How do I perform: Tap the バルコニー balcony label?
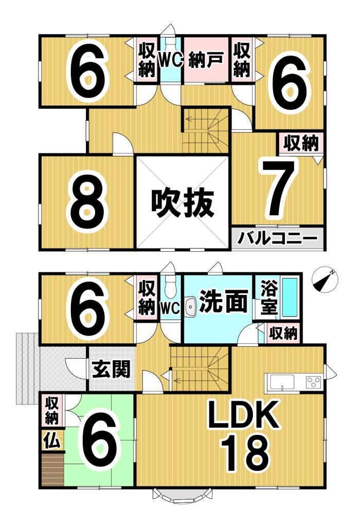click(278, 239)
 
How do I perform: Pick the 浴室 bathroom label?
click(269, 298)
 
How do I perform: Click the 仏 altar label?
click(50, 440)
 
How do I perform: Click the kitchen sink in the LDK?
click(281, 382)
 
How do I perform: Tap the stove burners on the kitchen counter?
click(313, 382)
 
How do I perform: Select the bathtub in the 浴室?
click(290, 297)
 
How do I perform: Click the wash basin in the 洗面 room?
click(190, 307)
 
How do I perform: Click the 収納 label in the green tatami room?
click(50, 410)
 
